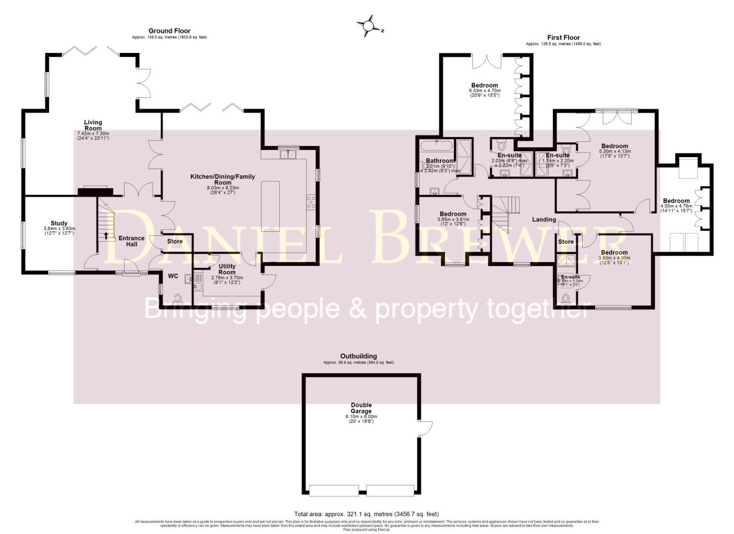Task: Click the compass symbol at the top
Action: coord(368,26)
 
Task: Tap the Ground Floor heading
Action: coord(170,31)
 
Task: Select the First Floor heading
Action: coord(563,37)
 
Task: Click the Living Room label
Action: coord(93,125)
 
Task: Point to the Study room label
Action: coord(59,223)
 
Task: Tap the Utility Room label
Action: coord(227,269)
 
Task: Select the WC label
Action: coord(173,276)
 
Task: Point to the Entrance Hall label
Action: coord(131,241)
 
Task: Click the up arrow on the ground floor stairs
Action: coord(105,236)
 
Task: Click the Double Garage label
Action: coord(361,408)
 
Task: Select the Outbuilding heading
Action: coord(358,356)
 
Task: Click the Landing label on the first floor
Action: coord(544,220)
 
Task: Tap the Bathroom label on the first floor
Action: coord(440,161)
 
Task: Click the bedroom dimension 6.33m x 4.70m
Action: coord(484,91)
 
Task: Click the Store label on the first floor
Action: coord(566,242)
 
